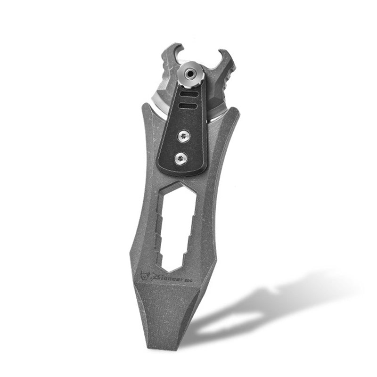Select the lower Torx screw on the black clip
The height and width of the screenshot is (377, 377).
[180, 159]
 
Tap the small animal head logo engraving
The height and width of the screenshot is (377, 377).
[145, 274]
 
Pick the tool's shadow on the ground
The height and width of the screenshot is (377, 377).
[264, 306]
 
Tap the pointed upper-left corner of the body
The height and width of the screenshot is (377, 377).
[143, 105]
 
